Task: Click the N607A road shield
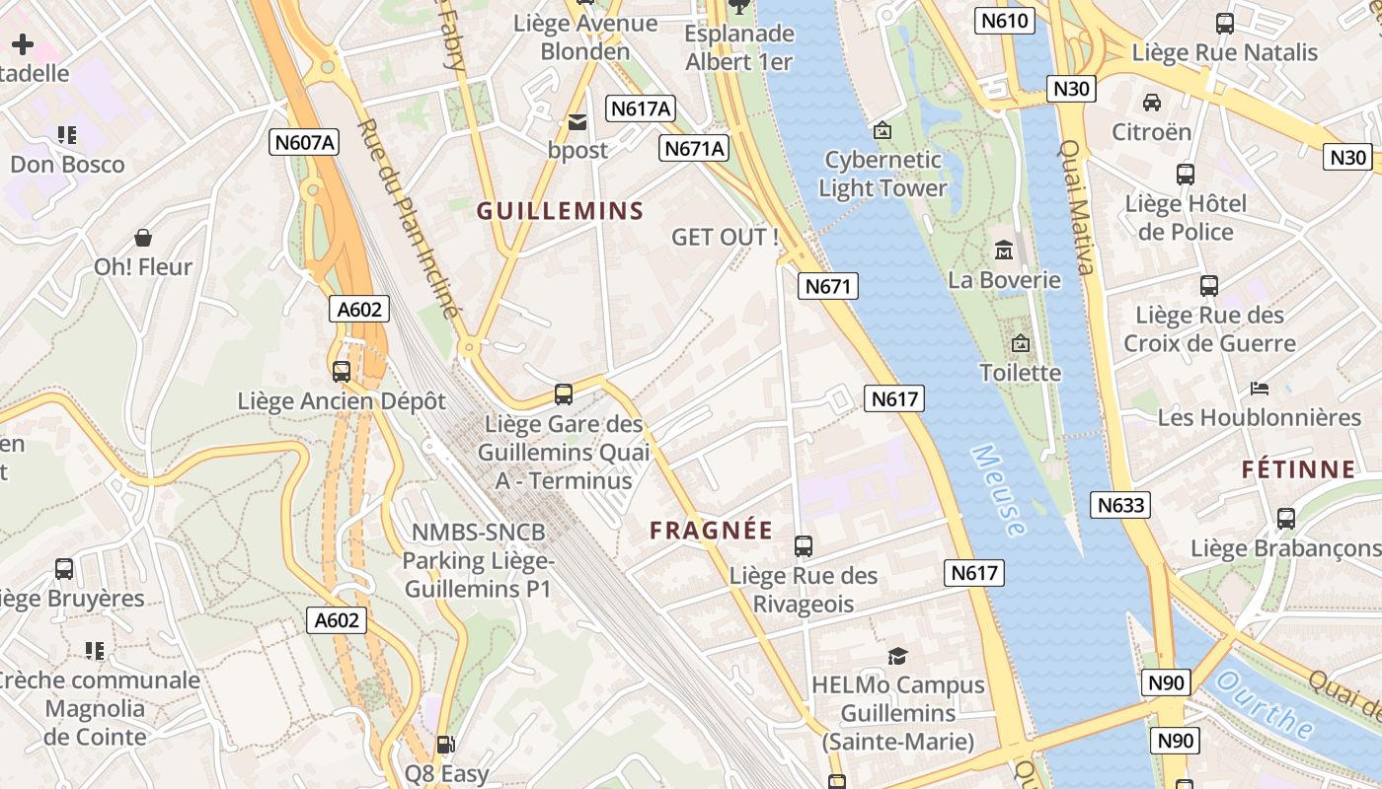[x=304, y=142]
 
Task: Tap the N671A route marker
[x=694, y=148]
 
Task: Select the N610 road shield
[x=1005, y=21]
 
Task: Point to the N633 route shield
[x=1121, y=506]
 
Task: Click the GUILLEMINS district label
[x=560, y=210]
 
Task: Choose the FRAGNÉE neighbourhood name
[x=711, y=530]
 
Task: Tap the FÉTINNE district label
[x=1298, y=469]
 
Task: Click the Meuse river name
[x=999, y=490]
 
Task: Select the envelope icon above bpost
[x=577, y=122]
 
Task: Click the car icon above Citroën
[x=1151, y=103]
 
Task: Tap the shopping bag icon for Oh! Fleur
[x=143, y=238]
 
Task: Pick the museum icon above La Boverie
[x=1004, y=251]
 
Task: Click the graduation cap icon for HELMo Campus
[x=897, y=656]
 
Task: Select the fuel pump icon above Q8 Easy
[x=446, y=745]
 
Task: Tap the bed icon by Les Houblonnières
[x=1259, y=388]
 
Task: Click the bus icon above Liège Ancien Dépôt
[x=342, y=372]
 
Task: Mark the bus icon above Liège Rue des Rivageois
[x=804, y=545]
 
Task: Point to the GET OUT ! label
[x=725, y=237]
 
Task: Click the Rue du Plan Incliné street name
[x=410, y=219]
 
